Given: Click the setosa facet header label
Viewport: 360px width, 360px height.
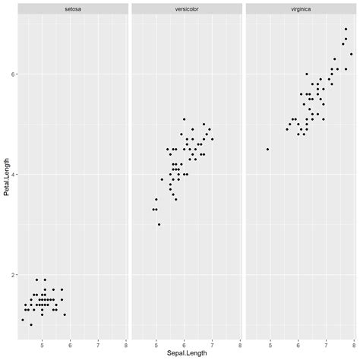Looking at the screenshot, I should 73,8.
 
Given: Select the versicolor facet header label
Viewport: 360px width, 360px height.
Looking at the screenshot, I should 186,8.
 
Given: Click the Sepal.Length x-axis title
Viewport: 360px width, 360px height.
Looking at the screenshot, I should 186,354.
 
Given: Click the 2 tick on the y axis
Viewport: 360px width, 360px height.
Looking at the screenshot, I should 11,274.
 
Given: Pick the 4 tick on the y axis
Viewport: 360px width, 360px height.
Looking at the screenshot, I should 11,174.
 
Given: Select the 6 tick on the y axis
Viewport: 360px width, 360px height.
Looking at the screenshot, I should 11,74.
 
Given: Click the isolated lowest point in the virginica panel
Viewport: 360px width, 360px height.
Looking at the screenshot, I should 267,149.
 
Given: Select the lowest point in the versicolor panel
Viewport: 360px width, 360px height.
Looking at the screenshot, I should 159,224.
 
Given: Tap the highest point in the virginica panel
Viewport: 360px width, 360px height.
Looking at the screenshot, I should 346,29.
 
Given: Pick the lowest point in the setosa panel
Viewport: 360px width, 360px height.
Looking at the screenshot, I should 31,324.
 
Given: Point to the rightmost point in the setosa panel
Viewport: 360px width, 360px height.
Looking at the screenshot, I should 65,314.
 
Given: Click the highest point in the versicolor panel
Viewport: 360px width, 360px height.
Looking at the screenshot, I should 184,119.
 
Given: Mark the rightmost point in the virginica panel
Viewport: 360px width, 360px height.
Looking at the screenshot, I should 351,54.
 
